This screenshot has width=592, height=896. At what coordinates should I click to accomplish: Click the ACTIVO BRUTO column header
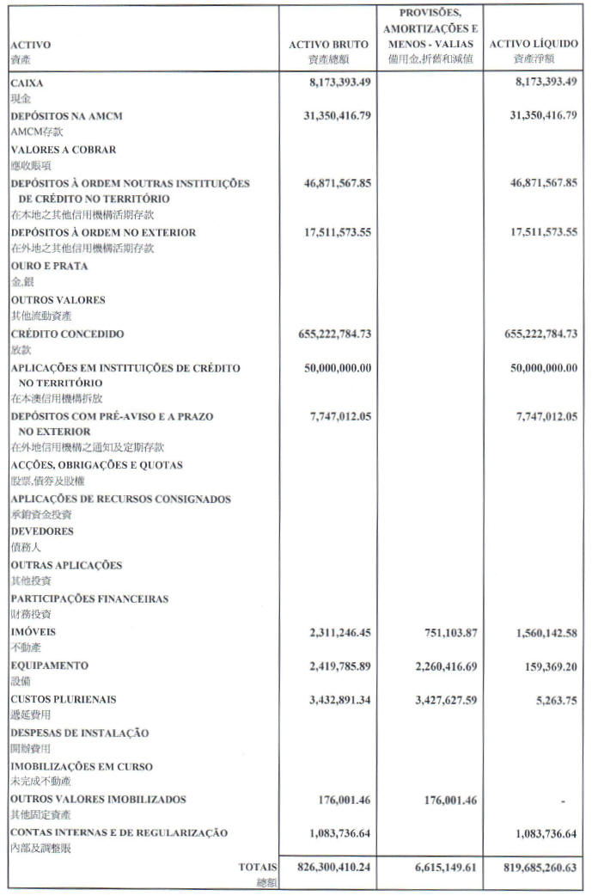point(327,45)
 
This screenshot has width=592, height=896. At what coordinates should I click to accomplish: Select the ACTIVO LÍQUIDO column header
point(534,45)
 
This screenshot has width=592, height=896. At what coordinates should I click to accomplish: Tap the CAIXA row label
point(27,84)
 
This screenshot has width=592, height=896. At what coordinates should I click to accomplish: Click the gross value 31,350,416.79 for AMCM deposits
point(337,116)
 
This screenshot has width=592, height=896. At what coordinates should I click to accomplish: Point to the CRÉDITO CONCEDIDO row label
point(68,334)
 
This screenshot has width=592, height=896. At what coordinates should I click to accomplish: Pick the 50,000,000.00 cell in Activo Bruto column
point(338,367)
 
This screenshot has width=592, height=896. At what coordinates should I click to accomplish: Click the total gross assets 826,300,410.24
point(329,868)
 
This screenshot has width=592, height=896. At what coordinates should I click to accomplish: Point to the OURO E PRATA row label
point(49,267)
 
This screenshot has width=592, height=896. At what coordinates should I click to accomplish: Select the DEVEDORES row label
point(42,531)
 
